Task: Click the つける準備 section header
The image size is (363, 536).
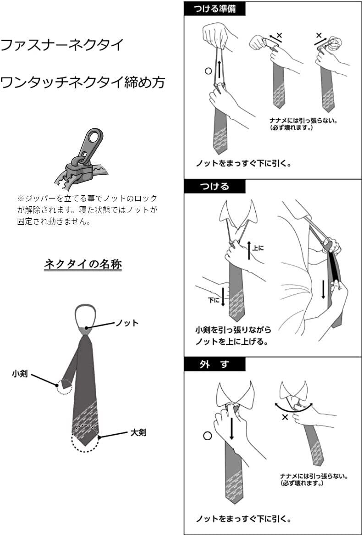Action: (214, 9)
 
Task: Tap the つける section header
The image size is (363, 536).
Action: (214, 187)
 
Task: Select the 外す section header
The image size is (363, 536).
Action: (214, 365)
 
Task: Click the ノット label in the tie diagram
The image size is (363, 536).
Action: (127, 323)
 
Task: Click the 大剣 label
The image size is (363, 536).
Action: (138, 432)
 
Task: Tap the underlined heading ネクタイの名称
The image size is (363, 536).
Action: (83, 264)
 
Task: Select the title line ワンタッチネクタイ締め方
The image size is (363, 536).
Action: (82, 83)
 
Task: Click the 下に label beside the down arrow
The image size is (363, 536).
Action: (213, 300)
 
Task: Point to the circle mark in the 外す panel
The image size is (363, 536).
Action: (208, 436)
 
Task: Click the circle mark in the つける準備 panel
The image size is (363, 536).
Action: (208, 71)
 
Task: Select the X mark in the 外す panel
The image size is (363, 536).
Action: (285, 417)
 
